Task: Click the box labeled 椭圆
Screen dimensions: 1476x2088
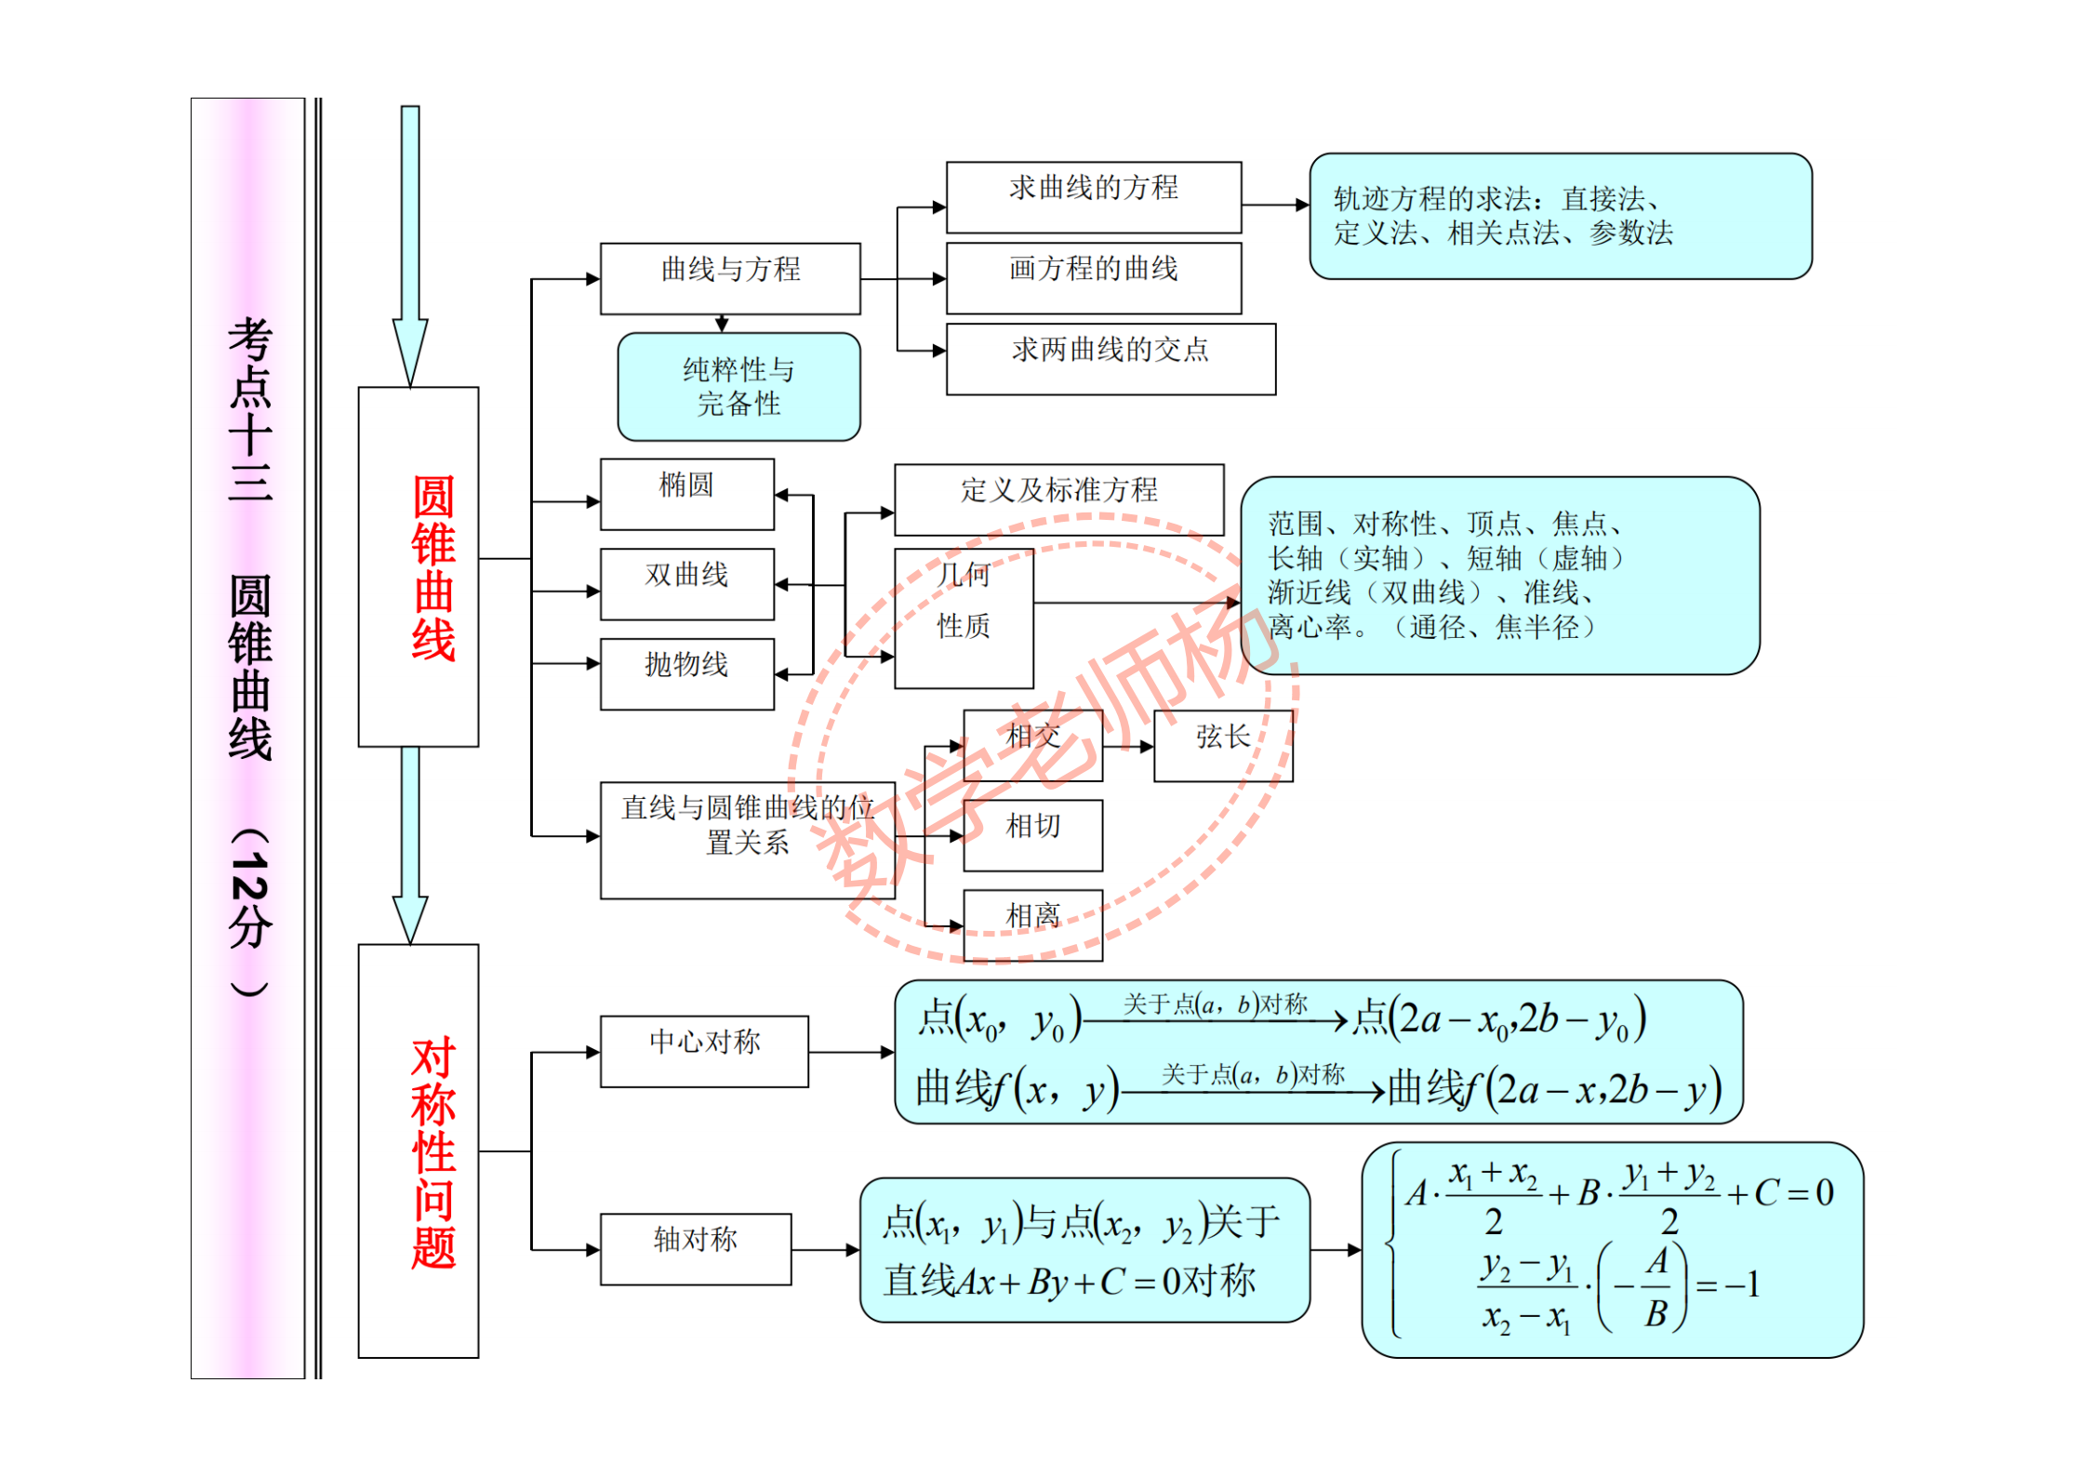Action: pyautogui.click(x=686, y=493)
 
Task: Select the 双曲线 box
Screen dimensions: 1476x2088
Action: pyautogui.click(x=686, y=583)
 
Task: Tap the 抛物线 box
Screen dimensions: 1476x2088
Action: pyautogui.click(x=686, y=672)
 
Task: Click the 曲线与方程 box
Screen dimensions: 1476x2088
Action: pyautogui.click(x=730, y=278)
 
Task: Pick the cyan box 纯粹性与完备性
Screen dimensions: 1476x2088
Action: pyautogui.click(x=738, y=386)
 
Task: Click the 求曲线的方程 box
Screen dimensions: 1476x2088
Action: pyautogui.click(x=1093, y=196)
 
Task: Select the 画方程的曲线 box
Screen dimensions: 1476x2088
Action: pyautogui.click(x=1093, y=277)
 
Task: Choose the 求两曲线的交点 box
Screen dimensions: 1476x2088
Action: pyautogui.click(x=1110, y=358)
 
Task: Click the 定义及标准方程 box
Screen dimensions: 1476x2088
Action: pyautogui.click(x=1058, y=499)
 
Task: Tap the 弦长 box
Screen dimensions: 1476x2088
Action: pyautogui.click(x=1222, y=745)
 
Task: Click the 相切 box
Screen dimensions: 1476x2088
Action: pyautogui.click(x=1032, y=834)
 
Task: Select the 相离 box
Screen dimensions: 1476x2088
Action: pyautogui.click(x=1032, y=924)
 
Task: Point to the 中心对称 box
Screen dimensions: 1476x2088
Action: pyautogui.click(x=704, y=1050)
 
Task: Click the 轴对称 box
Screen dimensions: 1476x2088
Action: pyautogui.click(x=695, y=1248)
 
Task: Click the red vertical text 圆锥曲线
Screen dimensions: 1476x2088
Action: pyautogui.click(x=432, y=567)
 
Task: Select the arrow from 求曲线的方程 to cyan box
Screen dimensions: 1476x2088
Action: pyautogui.click(x=1274, y=205)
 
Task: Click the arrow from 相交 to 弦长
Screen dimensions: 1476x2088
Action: pyautogui.click(x=1128, y=746)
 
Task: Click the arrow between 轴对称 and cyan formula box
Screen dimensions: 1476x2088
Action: pyautogui.click(x=825, y=1250)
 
